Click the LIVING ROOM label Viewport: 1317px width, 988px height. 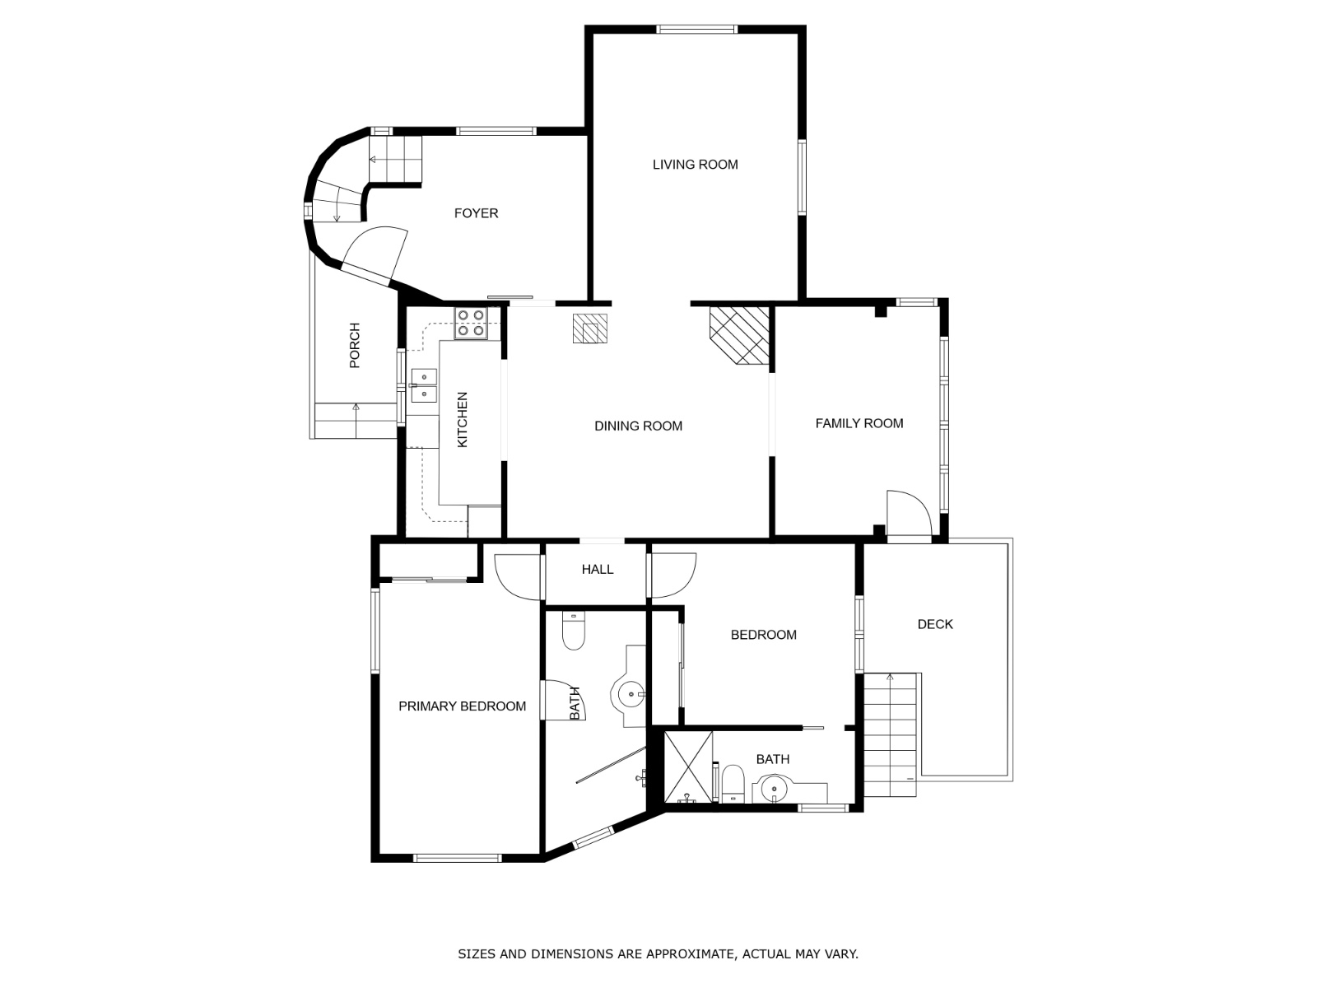point(695,165)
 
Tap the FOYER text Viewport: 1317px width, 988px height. point(476,213)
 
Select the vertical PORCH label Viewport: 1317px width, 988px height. point(355,345)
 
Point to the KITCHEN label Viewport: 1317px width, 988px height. point(462,419)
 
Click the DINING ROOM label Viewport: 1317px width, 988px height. point(638,426)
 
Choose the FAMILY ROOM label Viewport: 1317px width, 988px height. point(859,423)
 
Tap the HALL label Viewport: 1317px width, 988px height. point(597,569)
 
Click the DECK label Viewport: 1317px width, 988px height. point(935,624)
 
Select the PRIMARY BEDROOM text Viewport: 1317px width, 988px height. point(462,706)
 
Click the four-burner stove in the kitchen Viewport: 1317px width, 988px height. point(470,323)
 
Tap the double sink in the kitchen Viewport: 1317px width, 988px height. point(424,385)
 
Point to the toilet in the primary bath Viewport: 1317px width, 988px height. point(574,631)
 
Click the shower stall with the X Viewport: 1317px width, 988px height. point(689,767)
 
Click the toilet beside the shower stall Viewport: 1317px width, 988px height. point(733,784)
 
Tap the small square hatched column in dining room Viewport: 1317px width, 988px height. point(590,329)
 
